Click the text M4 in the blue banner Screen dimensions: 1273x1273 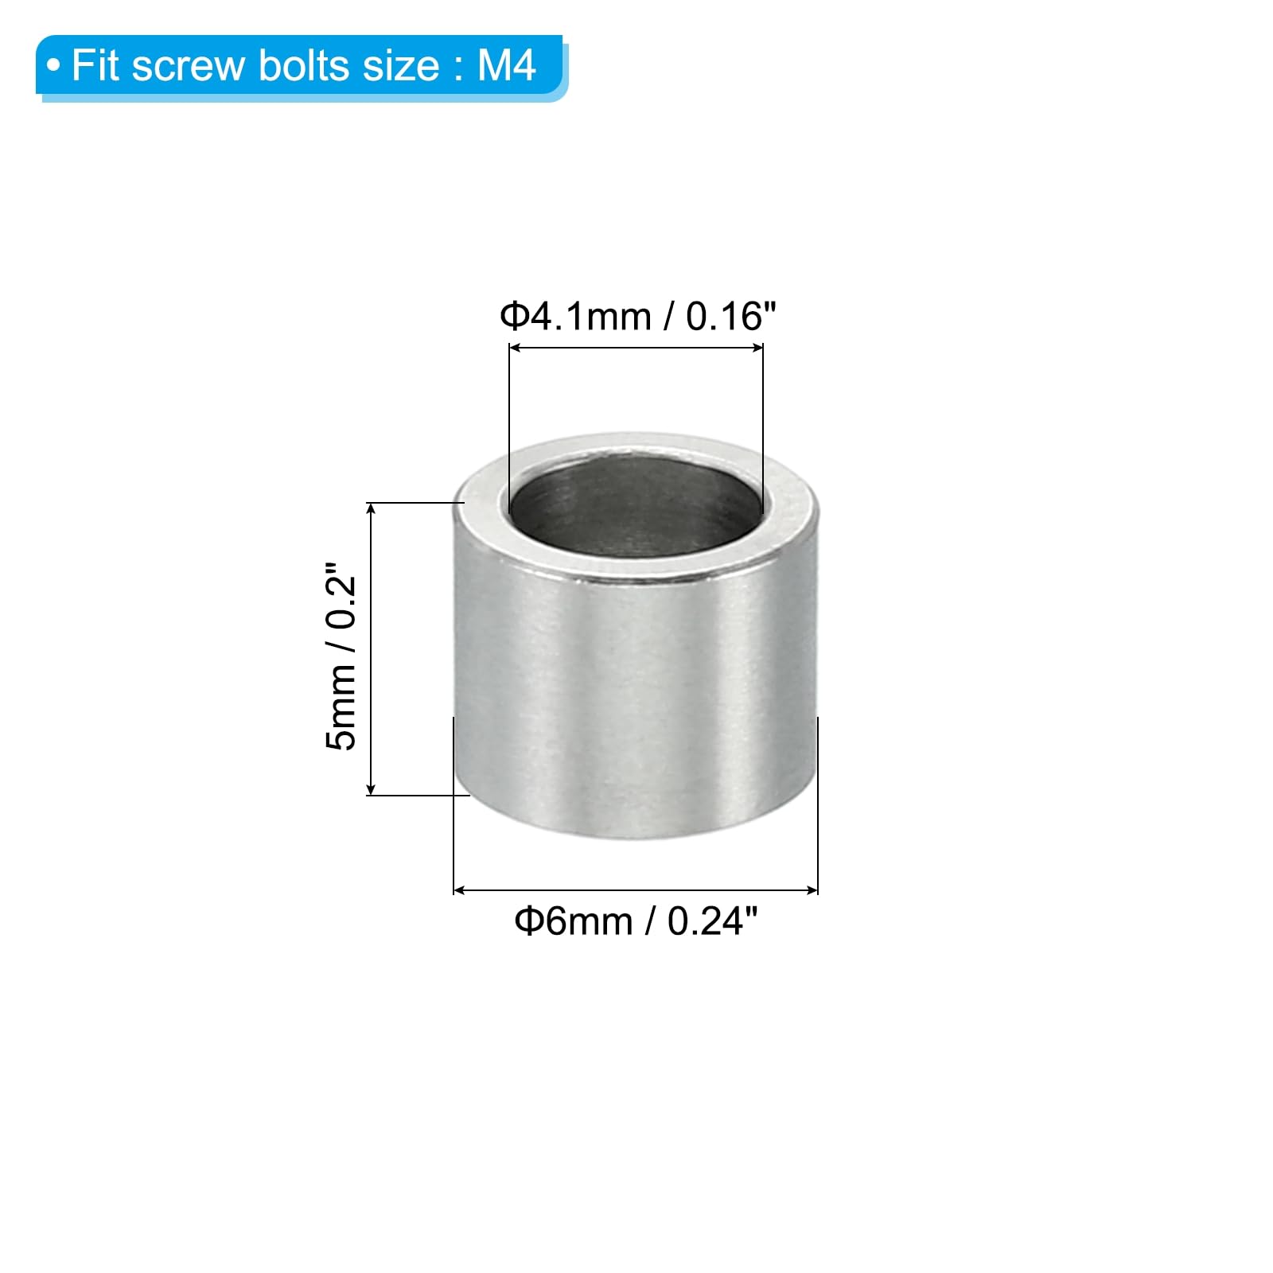tap(507, 65)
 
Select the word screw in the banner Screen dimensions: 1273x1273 tap(189, 69)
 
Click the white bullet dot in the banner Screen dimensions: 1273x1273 tap(53, 66)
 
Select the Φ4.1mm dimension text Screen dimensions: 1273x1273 tap(575, 317)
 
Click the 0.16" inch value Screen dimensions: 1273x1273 tap(730, 316)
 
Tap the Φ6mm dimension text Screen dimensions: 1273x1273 tap(573, 921)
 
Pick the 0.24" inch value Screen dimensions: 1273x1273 tap(712, 921)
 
